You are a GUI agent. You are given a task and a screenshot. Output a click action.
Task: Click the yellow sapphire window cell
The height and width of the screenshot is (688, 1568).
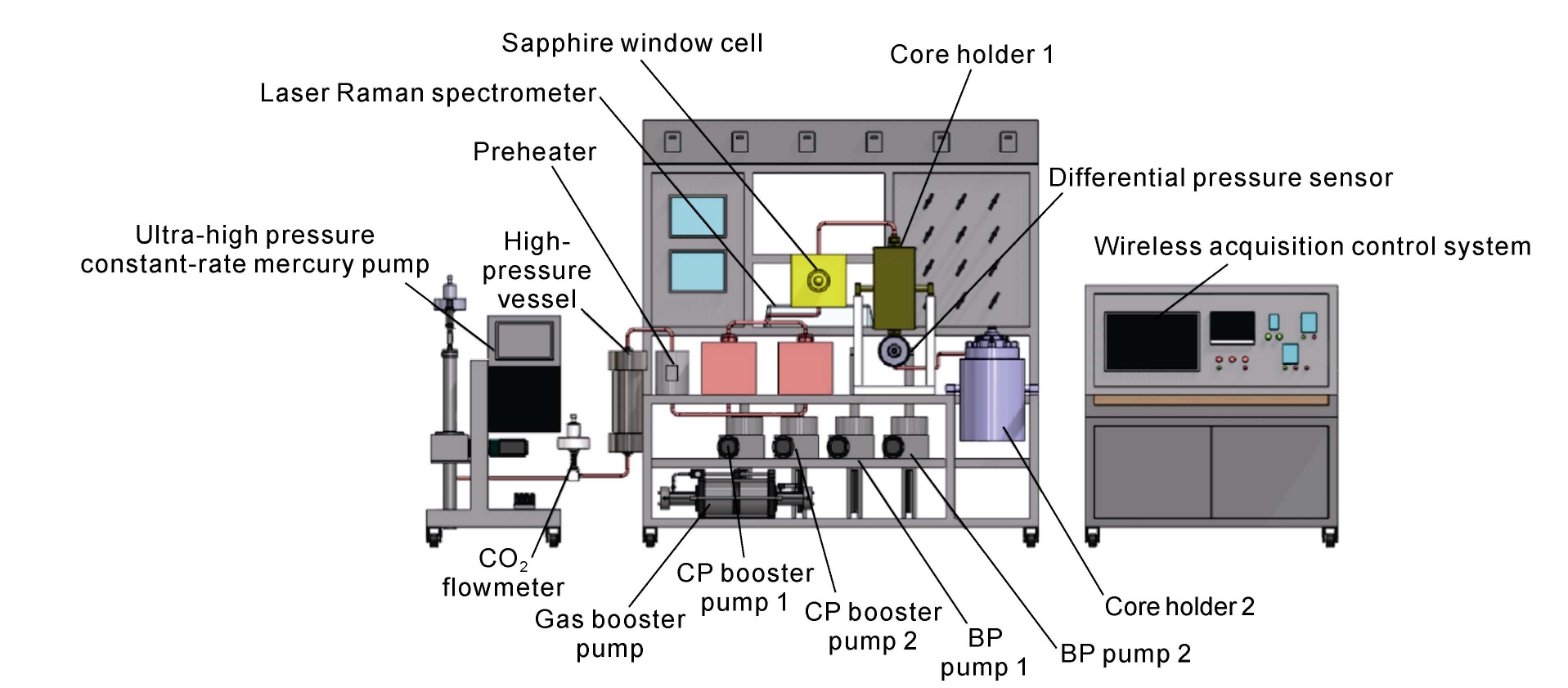point(818,281)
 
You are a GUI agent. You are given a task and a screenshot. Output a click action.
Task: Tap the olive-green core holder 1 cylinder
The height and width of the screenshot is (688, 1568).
point(893,287)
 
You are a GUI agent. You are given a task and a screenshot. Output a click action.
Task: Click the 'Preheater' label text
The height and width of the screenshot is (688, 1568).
point(534,152)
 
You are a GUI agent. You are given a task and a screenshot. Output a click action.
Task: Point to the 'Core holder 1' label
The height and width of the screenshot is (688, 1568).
point(971,55)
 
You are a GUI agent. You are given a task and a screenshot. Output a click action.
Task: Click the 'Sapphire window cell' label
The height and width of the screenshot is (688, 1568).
point(631,43)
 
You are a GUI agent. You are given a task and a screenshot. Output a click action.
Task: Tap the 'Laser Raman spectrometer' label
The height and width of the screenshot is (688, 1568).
point(428,93)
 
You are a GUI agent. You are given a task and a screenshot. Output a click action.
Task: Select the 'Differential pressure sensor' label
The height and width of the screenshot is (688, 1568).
point(1220,178)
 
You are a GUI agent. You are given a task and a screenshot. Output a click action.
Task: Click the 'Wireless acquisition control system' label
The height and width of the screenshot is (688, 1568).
point(1312,246)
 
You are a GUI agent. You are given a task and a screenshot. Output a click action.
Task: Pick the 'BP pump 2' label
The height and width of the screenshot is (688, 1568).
point(1125,654)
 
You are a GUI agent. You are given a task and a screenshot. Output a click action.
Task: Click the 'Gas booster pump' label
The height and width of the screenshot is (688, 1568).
point(609,633)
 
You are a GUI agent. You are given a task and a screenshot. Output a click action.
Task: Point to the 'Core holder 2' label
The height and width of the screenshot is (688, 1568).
point(1179,606)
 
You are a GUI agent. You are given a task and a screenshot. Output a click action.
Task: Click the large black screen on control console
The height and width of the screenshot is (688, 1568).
point(1151,341)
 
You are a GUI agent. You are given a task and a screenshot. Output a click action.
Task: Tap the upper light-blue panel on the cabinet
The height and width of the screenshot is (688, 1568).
point(697,217)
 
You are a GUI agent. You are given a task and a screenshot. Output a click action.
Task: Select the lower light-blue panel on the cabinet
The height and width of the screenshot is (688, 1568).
point(697,272)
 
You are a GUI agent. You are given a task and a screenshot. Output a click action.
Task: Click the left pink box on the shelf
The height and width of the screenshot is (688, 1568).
point(728,368)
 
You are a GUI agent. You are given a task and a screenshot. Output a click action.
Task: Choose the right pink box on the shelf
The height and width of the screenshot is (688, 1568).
point(805,368)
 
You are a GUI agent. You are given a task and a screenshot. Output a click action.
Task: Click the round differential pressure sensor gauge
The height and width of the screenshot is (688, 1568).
point(894,351)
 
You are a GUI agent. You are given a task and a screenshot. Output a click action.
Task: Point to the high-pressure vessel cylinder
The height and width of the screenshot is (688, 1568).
point(627,401)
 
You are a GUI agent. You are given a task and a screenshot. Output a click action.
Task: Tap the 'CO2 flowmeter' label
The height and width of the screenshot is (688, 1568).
point(502,573)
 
